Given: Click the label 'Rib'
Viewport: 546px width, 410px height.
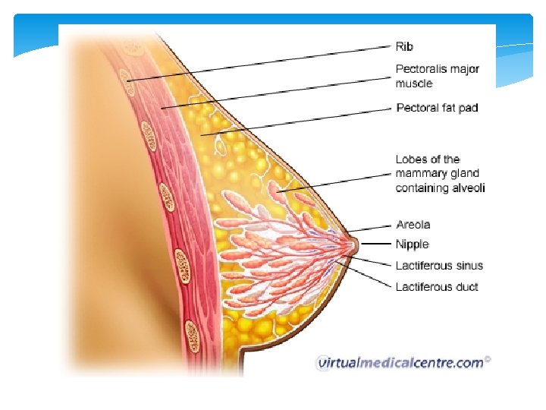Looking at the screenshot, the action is click(404, 47).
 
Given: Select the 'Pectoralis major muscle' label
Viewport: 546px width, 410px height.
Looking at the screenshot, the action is click(438, 76).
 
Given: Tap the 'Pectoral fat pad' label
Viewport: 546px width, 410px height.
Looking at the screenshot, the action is click(438, 109).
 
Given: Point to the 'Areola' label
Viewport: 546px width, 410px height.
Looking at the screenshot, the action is click(413, 225).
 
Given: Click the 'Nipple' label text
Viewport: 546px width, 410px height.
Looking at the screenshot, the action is click(413, 244).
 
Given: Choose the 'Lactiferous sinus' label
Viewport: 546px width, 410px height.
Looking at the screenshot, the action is click(439, 266).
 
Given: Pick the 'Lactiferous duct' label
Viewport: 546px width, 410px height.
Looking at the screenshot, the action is click(437, 287).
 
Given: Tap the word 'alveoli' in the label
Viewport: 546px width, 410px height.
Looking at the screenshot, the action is click(468, 188).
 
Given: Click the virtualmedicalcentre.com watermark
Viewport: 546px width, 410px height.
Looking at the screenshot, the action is click(400, 363).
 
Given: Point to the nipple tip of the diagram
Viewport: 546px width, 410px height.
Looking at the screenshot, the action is click(354, 244).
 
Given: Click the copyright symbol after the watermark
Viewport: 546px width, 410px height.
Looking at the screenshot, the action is click(488, 360).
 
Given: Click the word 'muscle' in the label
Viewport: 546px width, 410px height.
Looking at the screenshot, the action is click(414, 83).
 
